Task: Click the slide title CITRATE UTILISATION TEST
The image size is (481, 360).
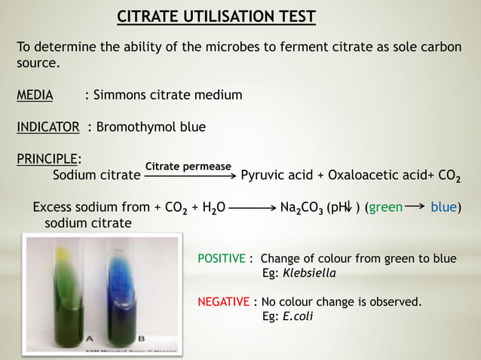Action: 216,17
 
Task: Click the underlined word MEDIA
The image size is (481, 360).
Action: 35,96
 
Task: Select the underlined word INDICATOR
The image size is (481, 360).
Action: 48,127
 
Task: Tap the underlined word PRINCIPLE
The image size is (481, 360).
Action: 48,159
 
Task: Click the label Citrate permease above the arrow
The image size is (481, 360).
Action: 188,166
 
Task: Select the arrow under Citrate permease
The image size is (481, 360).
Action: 189,177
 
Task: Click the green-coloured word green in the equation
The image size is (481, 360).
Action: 385,207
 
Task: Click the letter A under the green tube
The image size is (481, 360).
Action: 90,337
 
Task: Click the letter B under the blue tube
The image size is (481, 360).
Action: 133,337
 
